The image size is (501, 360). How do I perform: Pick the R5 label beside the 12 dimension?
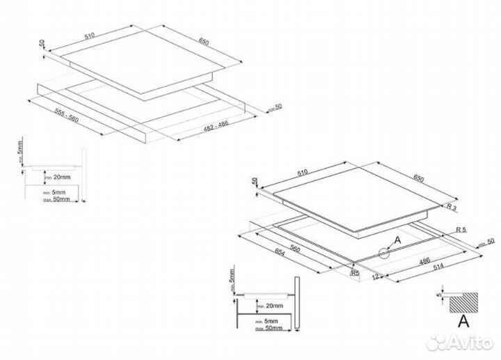355,274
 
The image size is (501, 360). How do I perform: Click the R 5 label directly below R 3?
461,229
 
